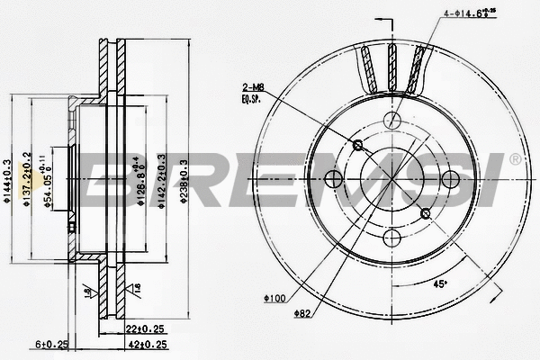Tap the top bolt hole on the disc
click(x=391, y=119)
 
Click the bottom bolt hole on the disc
click(x=391, y=238)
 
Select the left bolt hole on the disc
click(x=332, y=178)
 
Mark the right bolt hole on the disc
click(x=451, y=178)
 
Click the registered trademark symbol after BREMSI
click(x=514, y=158)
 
